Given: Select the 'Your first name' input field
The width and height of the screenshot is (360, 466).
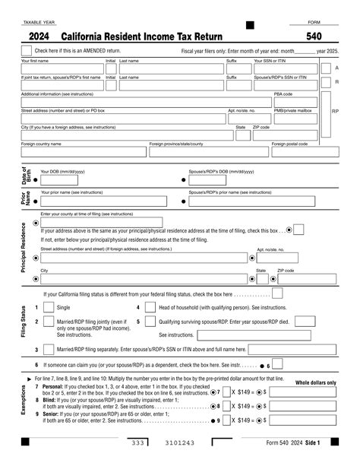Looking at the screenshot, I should [62, 68].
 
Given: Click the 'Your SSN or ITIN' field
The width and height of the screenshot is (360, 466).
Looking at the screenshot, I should [288, 68].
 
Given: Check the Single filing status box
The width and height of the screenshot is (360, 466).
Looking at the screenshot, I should [49, 307].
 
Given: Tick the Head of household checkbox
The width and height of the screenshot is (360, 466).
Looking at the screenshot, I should [149, 307].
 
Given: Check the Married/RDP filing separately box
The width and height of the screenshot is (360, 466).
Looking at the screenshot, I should [49, 350].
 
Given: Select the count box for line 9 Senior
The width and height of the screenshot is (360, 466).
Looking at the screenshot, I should [226, 420].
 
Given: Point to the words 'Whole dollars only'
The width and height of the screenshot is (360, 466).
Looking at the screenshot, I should [314, 382].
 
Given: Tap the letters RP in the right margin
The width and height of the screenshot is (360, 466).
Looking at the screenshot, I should [336, 111].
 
